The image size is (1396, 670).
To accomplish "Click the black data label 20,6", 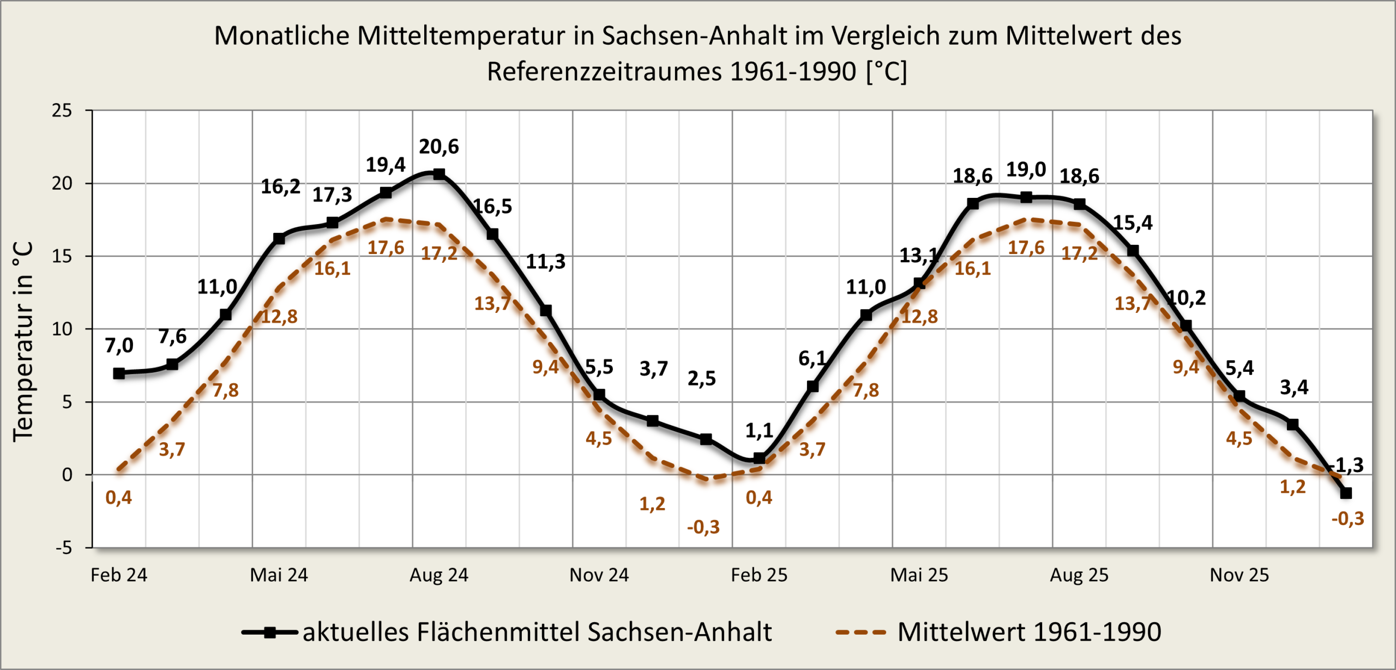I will tap(438, 147).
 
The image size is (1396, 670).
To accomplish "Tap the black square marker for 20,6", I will tap(439, 174).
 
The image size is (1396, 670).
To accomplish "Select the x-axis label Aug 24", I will tap(439, 575).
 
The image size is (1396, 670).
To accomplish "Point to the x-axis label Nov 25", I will tap(1239, 575).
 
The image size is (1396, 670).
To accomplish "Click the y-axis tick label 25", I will tap(62, 111).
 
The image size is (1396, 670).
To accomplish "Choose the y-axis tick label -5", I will tap(63, 548).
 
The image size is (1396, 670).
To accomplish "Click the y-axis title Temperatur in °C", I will tap(23, 341).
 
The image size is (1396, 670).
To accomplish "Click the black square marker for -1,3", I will tap(1346, 493).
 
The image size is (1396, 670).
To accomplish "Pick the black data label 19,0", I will tap(1026, 170).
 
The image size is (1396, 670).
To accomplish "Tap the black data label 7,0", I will tap(119, 345).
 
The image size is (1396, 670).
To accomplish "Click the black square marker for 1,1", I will tap(759, 458).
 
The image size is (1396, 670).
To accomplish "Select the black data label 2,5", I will tap(701, 378).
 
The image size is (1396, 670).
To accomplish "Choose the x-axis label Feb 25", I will tap(759, 575).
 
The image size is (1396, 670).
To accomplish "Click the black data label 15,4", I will tap(1132, 222).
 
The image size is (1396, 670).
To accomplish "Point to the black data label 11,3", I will tap(545, 262).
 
